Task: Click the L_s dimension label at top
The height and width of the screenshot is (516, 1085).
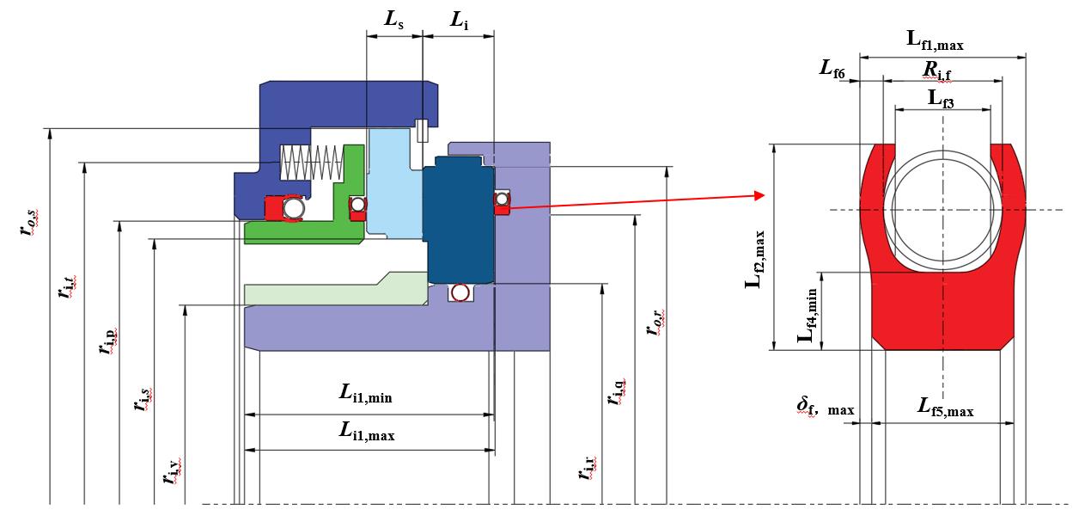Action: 393,20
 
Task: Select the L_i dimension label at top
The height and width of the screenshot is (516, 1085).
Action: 460,21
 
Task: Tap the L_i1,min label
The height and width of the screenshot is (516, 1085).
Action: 366,394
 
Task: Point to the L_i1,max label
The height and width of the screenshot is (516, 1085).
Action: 367,431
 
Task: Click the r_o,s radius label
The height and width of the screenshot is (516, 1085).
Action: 28,223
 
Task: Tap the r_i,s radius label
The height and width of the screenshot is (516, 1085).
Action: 143,400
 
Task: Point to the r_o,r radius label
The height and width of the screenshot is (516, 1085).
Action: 655,322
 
